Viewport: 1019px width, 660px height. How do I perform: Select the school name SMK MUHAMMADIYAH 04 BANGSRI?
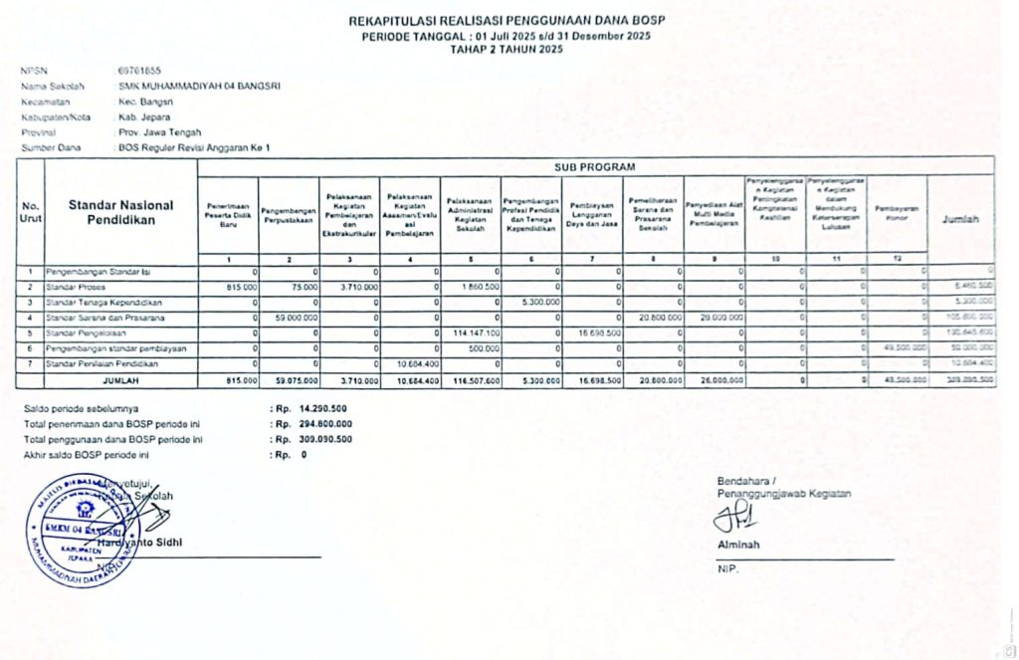point(199,86)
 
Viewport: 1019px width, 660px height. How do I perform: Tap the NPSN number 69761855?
point(139,71)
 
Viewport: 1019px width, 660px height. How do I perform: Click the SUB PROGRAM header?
point(594,166)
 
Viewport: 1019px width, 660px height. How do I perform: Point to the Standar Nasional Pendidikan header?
point(120,212)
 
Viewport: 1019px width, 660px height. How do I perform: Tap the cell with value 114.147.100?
point(477,332)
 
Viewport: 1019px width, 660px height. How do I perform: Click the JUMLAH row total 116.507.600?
point(475,380)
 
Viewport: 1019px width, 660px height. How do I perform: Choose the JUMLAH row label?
point(120,380)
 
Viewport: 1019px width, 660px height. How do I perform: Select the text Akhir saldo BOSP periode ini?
point(86,454)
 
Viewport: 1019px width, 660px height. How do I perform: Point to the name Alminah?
point(737,545)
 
